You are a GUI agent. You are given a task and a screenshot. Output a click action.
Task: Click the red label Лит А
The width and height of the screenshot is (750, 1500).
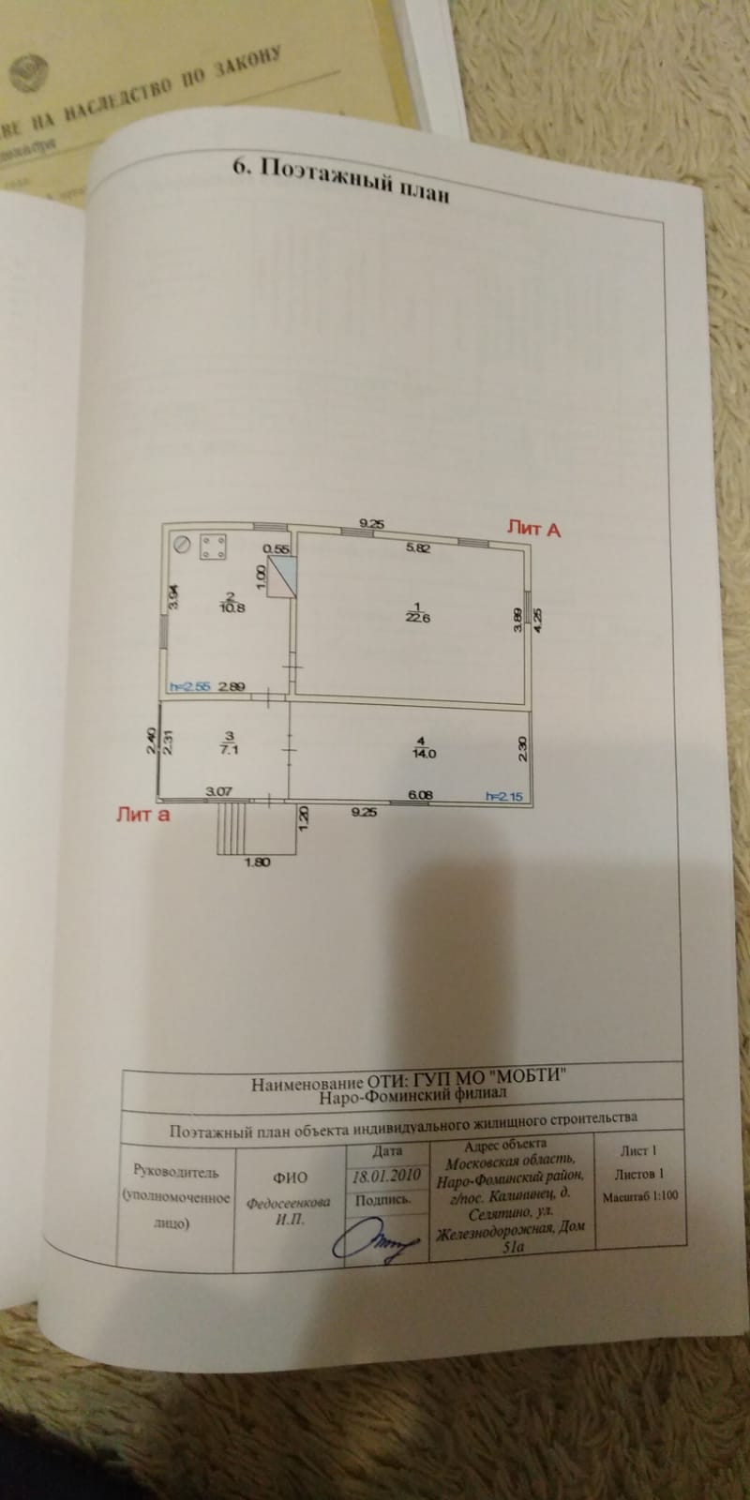click(533, 529)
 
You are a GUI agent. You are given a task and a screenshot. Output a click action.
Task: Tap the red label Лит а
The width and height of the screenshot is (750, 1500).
click(142, 814)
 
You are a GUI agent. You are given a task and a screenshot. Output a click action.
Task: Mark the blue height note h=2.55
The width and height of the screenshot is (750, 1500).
click(189, 686)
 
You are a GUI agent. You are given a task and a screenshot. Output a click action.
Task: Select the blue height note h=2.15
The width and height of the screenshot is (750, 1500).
click(504, 796)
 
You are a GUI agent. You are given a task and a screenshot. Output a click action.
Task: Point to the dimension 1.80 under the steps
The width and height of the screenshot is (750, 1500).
click(256, 862)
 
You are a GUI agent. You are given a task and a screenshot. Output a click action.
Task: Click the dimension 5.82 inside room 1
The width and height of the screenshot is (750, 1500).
click(417, 548)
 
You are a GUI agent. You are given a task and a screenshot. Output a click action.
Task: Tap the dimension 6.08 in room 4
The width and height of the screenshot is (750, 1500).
click(421, 795)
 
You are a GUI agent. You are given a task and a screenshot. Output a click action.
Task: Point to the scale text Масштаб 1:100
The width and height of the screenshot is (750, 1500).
click(639, 1196)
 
